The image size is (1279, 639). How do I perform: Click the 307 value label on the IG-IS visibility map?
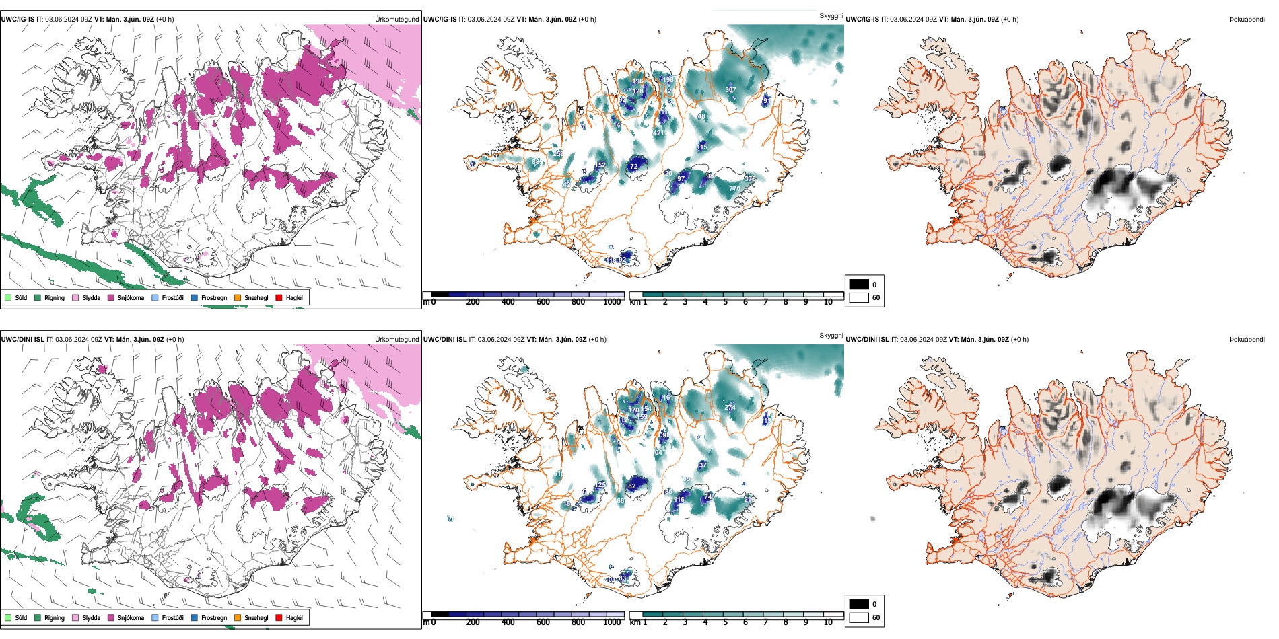730,90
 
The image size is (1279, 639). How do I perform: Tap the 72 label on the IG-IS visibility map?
633,167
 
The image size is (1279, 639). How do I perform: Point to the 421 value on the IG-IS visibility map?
658,133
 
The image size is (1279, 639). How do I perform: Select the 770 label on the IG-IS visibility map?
734,189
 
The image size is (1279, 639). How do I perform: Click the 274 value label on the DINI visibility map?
730,408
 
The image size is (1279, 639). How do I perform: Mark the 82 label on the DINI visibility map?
631,486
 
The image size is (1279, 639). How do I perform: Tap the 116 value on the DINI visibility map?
679,500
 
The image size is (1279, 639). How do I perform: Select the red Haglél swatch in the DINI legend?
279,617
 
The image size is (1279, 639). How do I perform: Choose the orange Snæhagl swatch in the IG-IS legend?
238,298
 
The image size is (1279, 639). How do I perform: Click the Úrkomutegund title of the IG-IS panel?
396,20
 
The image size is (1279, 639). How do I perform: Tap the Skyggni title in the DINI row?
831,336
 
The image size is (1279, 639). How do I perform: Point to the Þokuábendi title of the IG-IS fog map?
1247,20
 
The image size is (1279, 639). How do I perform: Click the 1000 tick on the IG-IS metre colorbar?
612,302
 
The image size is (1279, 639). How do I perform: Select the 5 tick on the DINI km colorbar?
725,622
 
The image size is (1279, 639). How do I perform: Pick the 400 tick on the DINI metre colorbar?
508,622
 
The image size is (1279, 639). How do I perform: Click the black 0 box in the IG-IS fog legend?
859,285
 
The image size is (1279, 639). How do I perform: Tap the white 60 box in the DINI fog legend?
859,617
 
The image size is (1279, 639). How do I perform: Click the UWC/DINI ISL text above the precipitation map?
22,340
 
